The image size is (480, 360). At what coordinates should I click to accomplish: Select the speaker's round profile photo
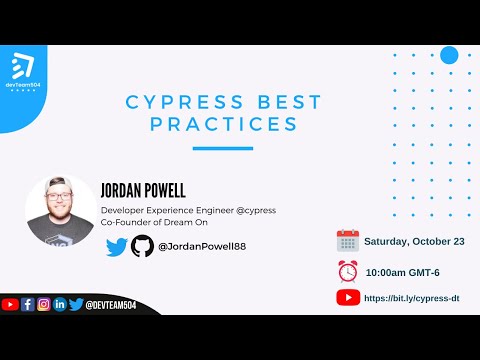60,211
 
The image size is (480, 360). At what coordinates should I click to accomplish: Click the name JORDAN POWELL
144,190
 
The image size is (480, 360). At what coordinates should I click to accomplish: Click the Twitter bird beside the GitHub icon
116,246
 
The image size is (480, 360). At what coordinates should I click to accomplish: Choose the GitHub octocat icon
143,246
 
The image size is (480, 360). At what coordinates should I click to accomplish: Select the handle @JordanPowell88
202,246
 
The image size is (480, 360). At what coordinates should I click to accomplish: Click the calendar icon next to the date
347,241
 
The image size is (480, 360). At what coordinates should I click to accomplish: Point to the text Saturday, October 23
413,242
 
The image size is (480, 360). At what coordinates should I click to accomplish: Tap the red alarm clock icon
347,270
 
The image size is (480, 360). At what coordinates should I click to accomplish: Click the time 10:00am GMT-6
402,271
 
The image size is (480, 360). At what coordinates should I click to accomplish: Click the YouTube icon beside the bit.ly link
348,297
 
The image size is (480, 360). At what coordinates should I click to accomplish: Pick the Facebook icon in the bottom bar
27,304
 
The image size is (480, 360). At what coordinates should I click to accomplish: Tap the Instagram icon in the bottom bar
43,304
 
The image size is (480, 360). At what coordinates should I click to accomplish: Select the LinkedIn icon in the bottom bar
59,304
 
